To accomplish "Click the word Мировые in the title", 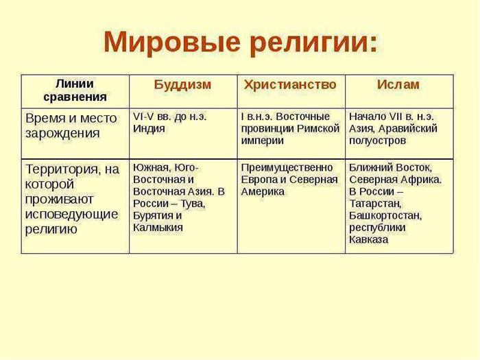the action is (171, 43).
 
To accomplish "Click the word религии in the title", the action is (309, 43).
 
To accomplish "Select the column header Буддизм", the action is (183, 84).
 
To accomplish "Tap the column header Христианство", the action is (290, 84).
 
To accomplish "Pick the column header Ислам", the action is (398, 84).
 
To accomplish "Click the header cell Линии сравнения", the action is (75, 91).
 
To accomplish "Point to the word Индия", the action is (149, 129).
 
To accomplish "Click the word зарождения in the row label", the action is (63, 133).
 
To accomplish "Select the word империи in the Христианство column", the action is (263, 141).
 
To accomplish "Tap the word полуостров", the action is (377, 141).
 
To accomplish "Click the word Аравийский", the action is (408, 129).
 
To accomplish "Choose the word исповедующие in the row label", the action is (71, 214).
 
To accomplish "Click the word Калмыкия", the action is (158, 228).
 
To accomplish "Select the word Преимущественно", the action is (287, 168).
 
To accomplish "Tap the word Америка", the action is (263, 191).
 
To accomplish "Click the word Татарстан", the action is (375, 204).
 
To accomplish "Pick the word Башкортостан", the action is (385, 215).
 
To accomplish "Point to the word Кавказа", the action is (369, 239).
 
